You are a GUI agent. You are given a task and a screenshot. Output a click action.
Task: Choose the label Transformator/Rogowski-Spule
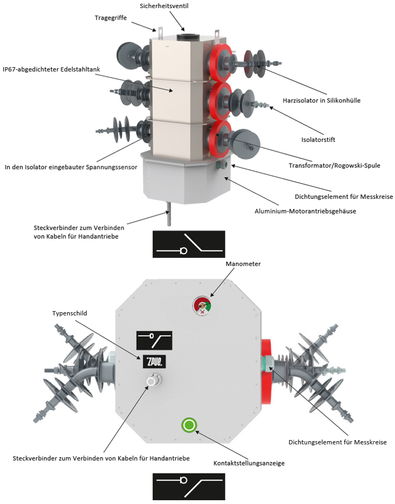[x=334, y=165]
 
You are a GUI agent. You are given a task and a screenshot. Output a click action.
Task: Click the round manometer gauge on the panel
[x=202, y=306]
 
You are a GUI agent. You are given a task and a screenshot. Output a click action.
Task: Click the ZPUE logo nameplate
[x=154, y=361]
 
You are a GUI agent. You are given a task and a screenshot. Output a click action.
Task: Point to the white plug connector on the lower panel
[x=153, y=381]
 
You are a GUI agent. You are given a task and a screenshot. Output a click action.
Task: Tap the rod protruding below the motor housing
[x=169, y=214]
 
